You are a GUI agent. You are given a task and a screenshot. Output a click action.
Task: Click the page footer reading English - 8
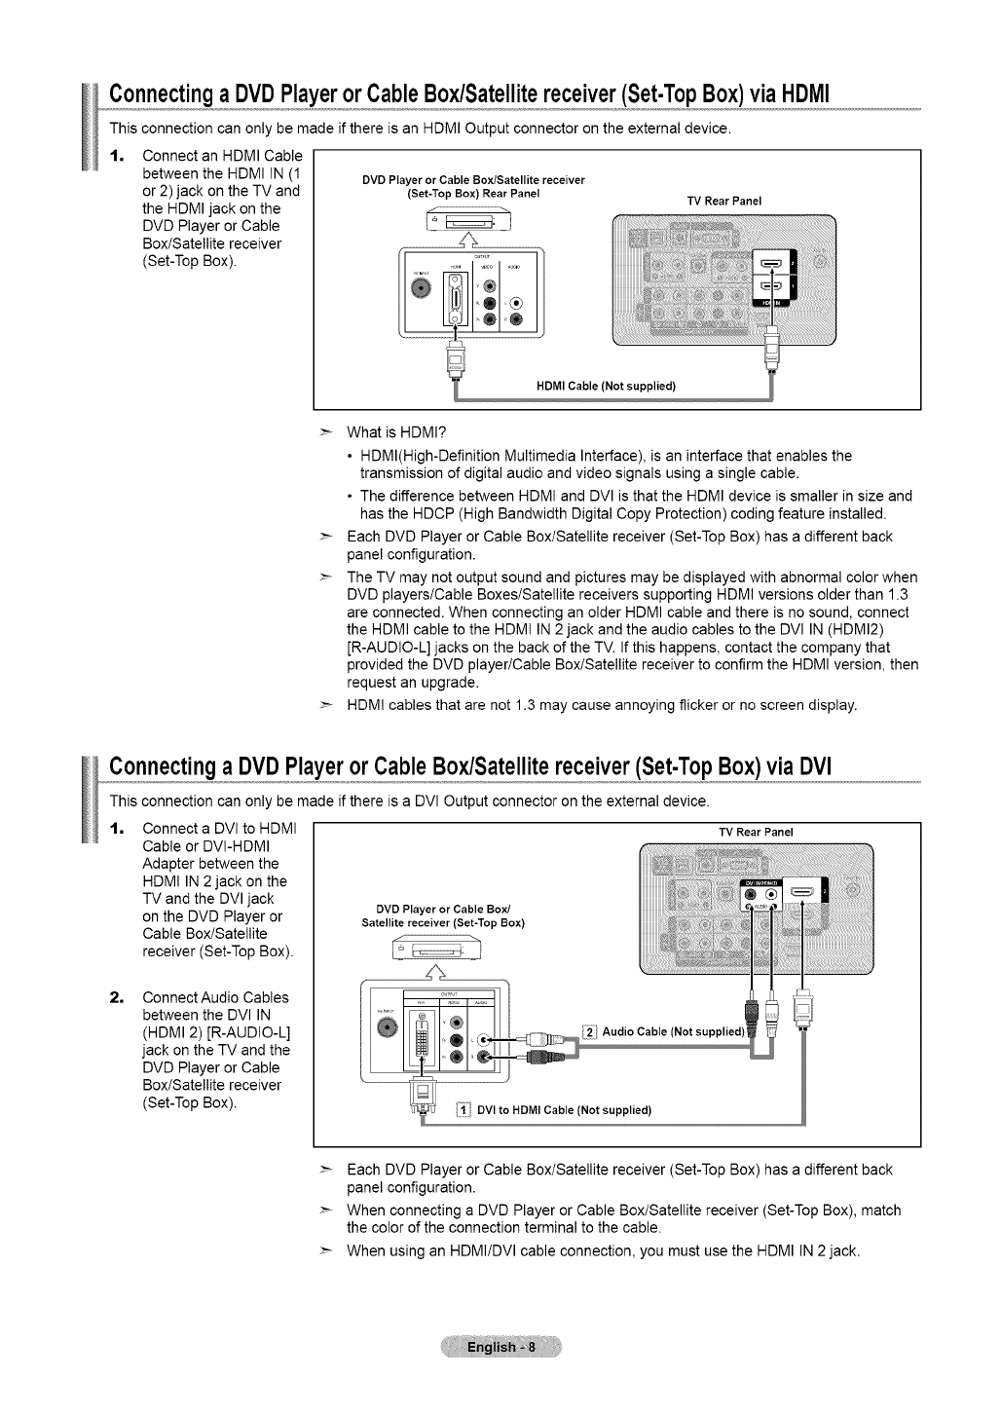click(x=500, y=1347)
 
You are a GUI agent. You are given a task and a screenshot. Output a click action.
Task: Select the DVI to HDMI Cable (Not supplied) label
click(x=564, y=1109)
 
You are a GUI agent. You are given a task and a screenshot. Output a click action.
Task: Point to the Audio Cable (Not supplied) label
click(x=674, y=1031)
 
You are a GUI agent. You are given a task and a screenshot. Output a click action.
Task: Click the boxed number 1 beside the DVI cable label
click(x=463, y=1109)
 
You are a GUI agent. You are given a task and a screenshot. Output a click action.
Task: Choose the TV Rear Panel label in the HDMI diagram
click(x=723, y=202)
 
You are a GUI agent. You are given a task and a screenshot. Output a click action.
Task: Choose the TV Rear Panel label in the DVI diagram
click(x=756, y=833)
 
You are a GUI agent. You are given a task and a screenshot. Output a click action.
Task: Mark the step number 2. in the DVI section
click(x=116, y=998)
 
